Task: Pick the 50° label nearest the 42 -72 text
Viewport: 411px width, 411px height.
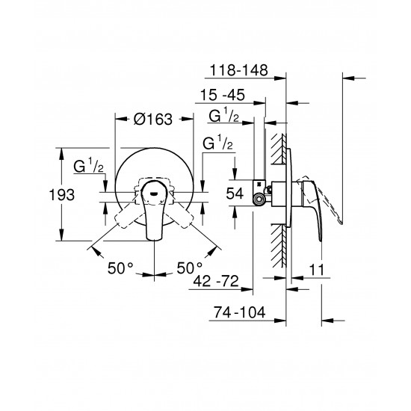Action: click(190, 267)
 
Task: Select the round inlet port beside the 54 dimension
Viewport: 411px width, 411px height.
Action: click(259, 198)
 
